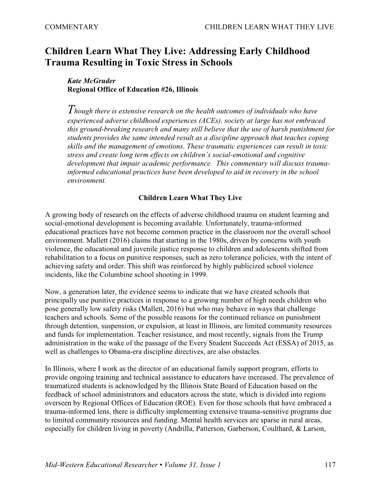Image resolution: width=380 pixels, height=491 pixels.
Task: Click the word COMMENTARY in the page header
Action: [x=71, y=27]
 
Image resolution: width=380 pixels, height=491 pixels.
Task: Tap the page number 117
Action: [x=330, y=465]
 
